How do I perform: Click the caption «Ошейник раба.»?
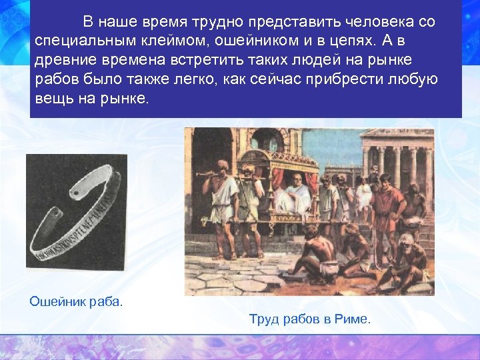point(76,301)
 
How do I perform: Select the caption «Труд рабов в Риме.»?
point(309,319)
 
